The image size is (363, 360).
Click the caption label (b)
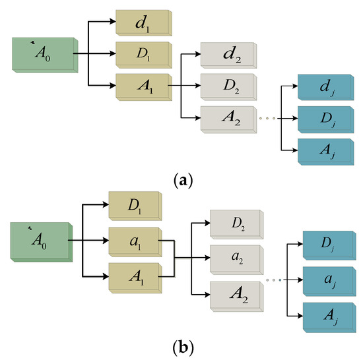[180, 347]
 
